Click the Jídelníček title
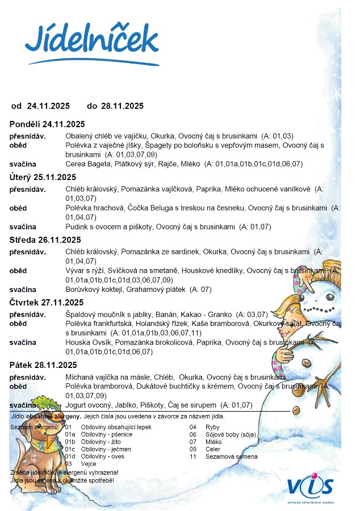(x=91, y=40)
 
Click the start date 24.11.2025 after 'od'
(x=48, y=106)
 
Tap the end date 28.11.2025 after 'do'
(x=122, y=106)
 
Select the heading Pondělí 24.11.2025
(x=47, y=124)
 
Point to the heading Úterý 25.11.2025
(x=43, y=177)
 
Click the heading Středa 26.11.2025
(x=45, y=240)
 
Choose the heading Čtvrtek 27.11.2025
(x=47, y=302)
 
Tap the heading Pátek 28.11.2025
(x=43, y=365)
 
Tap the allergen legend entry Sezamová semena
(x=223, y=456)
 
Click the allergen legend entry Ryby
(x=212, y=427)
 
